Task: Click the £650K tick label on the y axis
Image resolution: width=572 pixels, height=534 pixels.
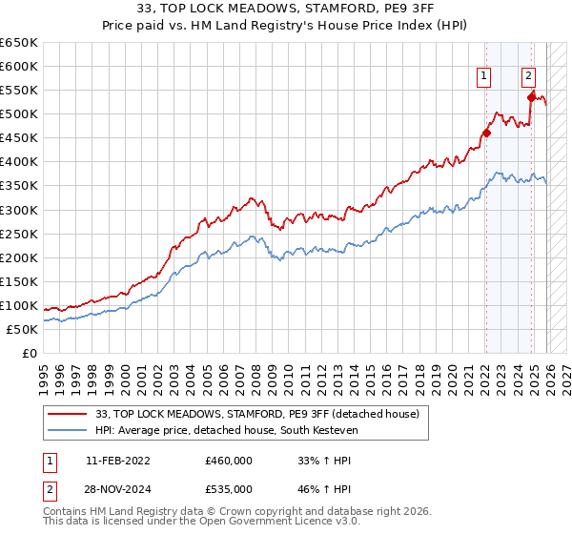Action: (19, 43)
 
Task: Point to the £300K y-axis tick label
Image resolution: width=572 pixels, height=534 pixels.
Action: (19, 210)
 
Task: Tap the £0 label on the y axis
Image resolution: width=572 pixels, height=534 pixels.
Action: (30, 353)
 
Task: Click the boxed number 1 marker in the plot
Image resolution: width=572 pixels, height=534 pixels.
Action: (484, 77)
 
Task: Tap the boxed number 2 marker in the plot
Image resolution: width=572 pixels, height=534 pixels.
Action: (528, 77)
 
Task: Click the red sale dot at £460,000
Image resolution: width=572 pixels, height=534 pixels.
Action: (486, 133)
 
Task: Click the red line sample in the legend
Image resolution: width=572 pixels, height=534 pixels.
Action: (67, 414)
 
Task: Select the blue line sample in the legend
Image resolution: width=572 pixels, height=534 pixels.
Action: (67, 430)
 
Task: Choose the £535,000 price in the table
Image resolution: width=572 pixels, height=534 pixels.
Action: (229, 488)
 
